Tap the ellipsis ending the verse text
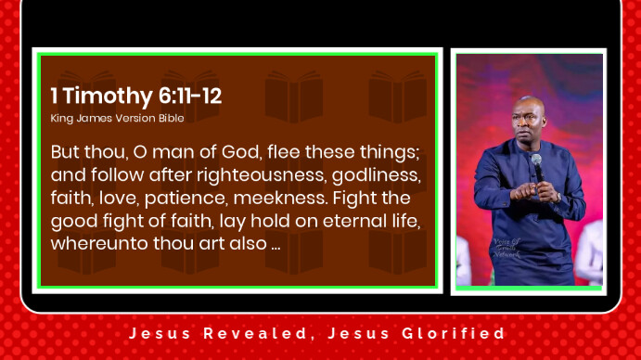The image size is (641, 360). pos(276,248)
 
